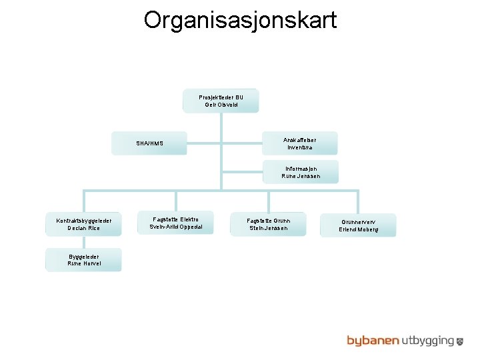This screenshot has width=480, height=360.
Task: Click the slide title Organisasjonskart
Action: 240,20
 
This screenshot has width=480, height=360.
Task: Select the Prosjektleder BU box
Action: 221,101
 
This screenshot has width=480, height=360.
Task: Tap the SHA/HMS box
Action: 149,143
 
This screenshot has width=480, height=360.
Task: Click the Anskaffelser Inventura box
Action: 300,143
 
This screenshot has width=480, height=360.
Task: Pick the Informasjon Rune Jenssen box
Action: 300,172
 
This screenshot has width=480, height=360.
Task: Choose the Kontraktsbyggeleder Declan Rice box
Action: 83,225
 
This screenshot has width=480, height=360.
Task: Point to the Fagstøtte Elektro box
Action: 176,223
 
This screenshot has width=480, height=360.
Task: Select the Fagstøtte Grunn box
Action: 268,224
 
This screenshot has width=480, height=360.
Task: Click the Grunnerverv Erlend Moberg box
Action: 359,225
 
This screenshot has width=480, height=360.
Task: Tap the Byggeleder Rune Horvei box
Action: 83,259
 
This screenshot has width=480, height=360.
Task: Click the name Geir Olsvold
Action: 221,105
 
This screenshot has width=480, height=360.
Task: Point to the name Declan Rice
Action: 83,229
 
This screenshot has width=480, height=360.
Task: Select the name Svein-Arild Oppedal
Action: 176,227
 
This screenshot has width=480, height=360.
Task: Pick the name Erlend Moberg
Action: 359,229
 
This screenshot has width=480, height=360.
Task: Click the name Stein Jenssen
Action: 268,229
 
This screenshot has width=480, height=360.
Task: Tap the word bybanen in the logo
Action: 372,341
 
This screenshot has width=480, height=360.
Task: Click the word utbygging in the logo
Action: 427,341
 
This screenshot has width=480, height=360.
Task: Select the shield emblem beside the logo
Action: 460,341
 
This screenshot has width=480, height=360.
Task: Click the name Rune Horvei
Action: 83,263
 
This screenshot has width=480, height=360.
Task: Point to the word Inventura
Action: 300,147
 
